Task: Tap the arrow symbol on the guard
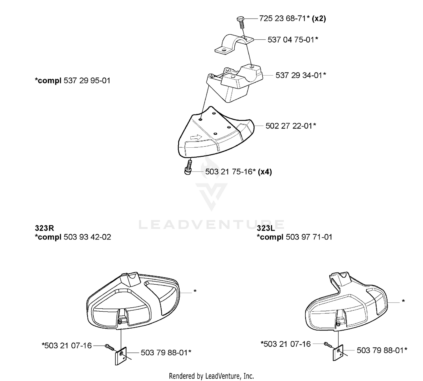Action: pos(196,137)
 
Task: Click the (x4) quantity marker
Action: pos(265,172)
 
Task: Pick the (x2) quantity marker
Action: pos(319,19)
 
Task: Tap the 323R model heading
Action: pos(45,228)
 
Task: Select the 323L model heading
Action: pos(266,228)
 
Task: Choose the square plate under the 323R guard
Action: pos(121,356)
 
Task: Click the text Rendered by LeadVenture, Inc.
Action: pos(211,376)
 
